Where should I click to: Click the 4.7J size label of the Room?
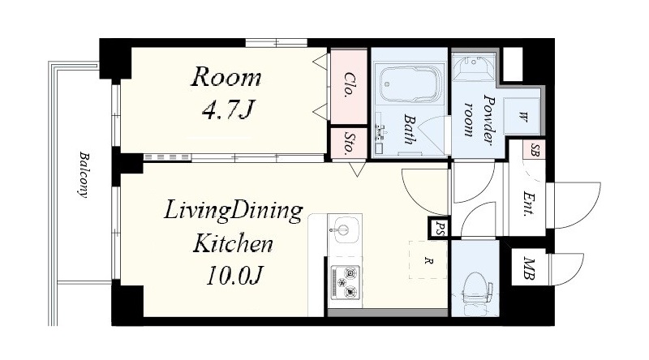point(227,109)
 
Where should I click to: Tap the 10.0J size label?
point(234,275)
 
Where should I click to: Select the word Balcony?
point(84,175)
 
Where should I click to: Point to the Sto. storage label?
point(350,143)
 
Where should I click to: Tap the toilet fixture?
point(476,291)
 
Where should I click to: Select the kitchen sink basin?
point(344,229)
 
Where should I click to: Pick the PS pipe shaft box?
point(439,228)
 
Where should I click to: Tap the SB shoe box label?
point(535,150)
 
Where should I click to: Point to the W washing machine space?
point(522,116)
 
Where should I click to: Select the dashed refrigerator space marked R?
point(428,260)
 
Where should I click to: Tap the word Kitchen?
point(233,243)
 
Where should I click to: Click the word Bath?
point(410,130)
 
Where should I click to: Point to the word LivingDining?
point(234,211)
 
